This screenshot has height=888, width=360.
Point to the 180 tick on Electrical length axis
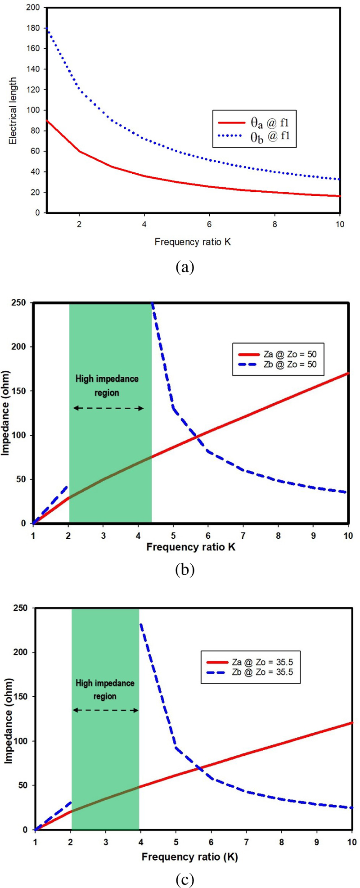[36, 28]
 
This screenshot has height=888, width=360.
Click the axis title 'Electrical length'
[13, 111]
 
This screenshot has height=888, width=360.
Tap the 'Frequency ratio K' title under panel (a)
[193, 242]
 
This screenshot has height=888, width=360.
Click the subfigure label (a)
[184, 267]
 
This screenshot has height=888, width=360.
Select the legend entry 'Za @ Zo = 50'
[274, 354]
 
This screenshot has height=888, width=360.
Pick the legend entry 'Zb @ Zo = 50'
[274, 364]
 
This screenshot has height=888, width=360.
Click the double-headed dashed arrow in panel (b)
[108, 408]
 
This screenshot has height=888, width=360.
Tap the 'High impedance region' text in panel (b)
[107, 386]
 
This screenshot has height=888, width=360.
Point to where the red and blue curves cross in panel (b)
[196, 437]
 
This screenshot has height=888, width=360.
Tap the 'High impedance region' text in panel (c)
[105, 690]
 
